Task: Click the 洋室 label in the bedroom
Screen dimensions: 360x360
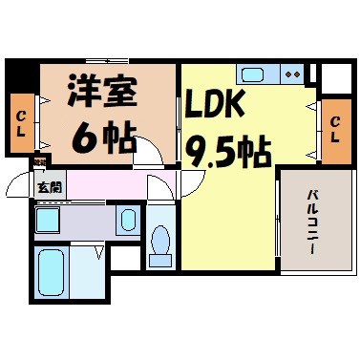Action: coord(102,94)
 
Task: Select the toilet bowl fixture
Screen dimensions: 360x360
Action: coord(160,241)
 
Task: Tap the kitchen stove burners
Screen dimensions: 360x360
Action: coord(292,74)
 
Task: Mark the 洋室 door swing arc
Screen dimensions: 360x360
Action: coord(147,151)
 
